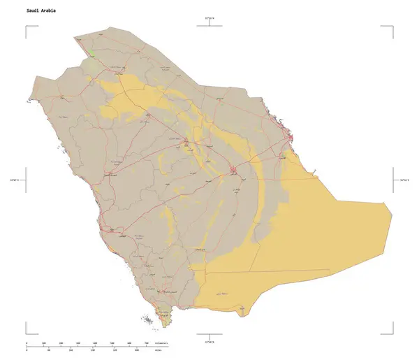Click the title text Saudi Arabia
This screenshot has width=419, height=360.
[x=42, y=12]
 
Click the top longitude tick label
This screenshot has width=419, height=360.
[x=209, y=19]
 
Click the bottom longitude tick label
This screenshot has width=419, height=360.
[x=209, y=342]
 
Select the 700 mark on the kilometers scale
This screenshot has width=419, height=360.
[x=146, y=343]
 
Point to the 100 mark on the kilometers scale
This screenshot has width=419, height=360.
[x=44, y=343]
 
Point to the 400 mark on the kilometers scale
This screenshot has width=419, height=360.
[x=95, y=343]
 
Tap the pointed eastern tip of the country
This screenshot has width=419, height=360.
[x=389, y=204]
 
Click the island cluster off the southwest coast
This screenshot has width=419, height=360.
[x=149, y=320]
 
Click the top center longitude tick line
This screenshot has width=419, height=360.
[x=209, y=26]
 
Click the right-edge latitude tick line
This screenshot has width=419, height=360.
[x=393, y=179]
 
